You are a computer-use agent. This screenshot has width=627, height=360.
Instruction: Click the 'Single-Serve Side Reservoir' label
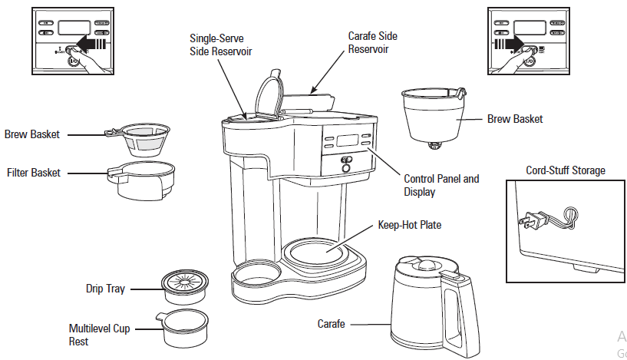point(221,44)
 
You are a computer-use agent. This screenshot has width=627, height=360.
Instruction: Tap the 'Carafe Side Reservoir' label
point(373,42)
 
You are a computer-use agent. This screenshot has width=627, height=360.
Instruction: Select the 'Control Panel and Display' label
point(441,185)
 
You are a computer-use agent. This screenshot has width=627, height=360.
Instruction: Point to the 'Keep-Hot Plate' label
point(409,226)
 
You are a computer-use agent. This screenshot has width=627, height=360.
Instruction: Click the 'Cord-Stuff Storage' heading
point(565,170)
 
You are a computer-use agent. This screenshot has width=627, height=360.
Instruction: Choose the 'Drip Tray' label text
point(105,289)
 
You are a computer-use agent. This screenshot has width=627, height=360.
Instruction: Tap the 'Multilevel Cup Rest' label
point(99,335)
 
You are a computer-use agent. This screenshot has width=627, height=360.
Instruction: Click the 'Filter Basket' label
point(33,173)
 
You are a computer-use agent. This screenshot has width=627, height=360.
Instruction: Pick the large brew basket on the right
point(434,116)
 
